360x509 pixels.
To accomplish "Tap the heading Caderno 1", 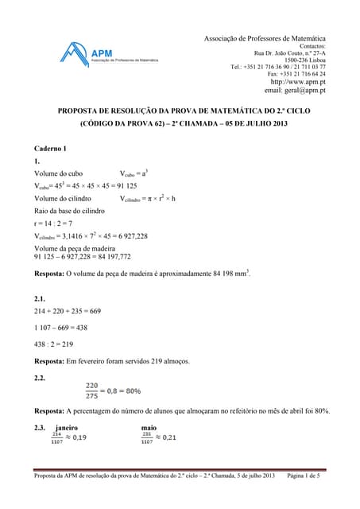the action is point(53,149).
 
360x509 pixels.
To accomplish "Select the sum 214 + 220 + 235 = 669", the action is point(68,311).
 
